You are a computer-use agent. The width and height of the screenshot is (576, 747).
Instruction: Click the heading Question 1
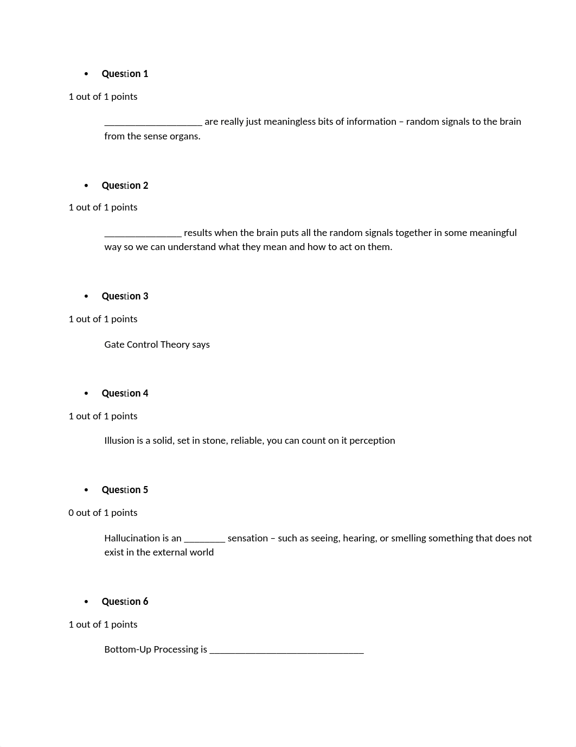click(125, 74)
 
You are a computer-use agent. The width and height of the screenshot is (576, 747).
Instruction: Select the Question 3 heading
click(125, 296)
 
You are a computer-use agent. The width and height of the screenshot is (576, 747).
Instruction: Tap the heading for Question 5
click(125, 490)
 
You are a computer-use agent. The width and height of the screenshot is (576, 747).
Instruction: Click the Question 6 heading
click(125, 602)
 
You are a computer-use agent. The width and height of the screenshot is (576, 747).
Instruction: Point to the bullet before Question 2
click(86, 186)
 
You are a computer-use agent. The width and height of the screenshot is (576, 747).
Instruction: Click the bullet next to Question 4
click(86, 393)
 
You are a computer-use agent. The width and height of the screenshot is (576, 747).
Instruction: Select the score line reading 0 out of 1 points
click(103, 513)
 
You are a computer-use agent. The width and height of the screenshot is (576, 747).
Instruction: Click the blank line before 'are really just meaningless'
click(153, 123)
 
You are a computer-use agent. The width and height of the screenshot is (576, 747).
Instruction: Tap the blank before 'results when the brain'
click(143, 234)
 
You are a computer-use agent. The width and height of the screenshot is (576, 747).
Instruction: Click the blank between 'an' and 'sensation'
click(204, 540)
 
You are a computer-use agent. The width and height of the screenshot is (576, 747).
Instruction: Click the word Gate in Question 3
click(114, 344)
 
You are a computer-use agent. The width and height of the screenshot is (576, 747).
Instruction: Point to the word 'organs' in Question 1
click(186, 136)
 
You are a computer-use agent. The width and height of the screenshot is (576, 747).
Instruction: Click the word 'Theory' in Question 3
click(175, 344)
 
